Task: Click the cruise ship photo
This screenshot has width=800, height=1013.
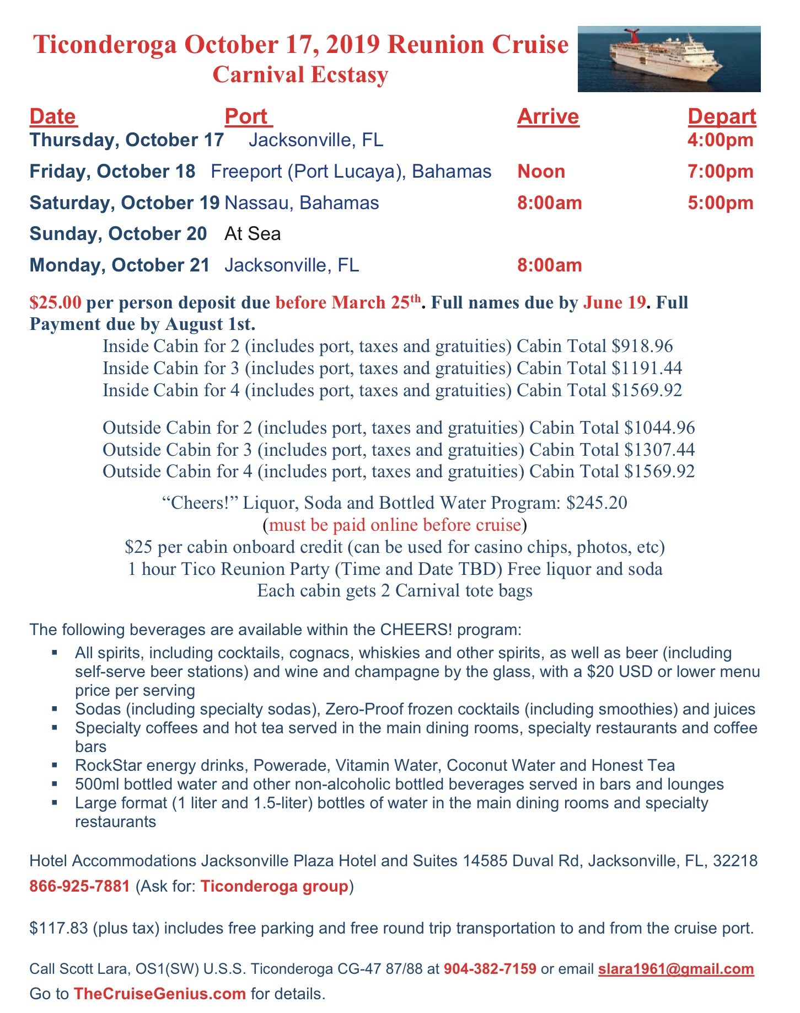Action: pos(669,58)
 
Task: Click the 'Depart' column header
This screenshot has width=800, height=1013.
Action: pos(722,116)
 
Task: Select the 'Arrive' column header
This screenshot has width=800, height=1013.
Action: pos(548,116)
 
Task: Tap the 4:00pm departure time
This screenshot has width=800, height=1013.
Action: pos(720,140)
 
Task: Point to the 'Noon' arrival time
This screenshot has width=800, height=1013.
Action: pos(541,171)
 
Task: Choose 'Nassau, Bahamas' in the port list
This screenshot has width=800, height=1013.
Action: pos(302,202)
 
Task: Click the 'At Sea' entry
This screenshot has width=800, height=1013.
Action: pos(253,233)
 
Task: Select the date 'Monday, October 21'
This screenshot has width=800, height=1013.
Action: pos(119,265)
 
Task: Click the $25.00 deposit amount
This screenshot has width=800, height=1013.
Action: pos(56,302)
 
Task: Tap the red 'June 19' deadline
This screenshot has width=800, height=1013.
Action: pos(614,302)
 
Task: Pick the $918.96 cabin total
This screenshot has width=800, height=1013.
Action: pos(642,346)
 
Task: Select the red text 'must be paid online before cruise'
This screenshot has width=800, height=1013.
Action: pos(395,525)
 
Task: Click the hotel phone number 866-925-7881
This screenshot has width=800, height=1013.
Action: pos(80,886)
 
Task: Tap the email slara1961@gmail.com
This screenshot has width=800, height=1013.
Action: pos(676,969)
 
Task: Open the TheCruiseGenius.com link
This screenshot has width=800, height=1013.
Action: pos(159,994)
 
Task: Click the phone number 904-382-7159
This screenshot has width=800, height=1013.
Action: pos(490,969)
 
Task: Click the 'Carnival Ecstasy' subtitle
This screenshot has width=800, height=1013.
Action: pos(300,74)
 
